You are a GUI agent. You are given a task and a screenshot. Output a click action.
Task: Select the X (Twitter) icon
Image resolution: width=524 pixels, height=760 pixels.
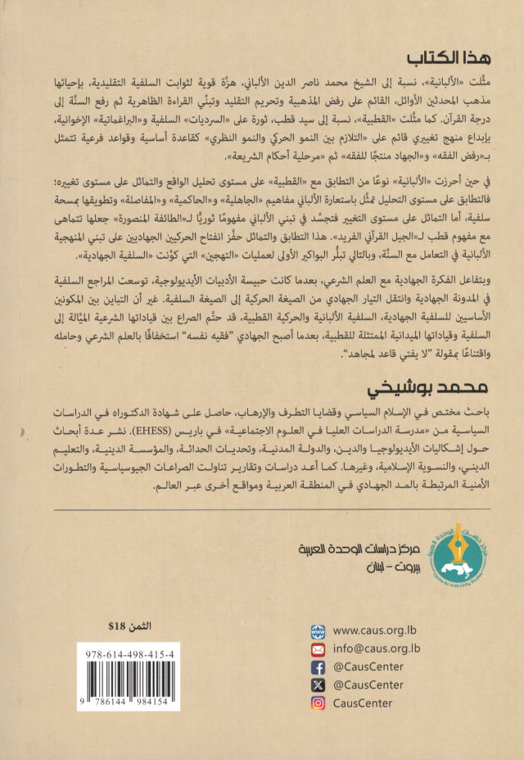coord(319,686)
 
